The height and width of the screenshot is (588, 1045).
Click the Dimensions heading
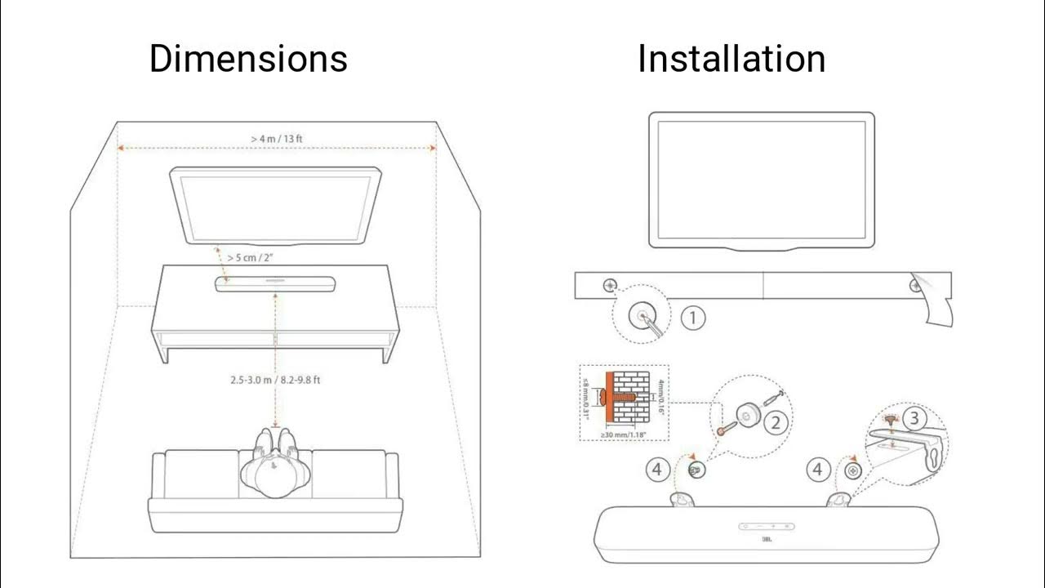[248, 59]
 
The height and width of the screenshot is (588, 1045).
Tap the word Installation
[731, 59]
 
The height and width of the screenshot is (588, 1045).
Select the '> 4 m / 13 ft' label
[277, 138]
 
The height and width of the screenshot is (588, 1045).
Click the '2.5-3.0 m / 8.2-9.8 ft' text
[280, 380]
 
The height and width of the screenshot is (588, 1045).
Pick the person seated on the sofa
[275, 470]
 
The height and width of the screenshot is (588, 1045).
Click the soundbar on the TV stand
[275, 283]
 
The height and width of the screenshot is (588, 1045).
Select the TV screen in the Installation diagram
[761, 178]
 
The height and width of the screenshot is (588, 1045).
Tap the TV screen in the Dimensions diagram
[275, 204]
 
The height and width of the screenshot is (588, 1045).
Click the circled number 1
[692, 317]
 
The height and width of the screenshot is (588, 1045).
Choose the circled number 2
[777, 421]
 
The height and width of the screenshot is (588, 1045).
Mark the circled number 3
[915, 419]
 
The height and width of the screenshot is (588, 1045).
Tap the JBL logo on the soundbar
[766, 539]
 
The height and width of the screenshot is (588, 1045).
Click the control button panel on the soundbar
[766, 526]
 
